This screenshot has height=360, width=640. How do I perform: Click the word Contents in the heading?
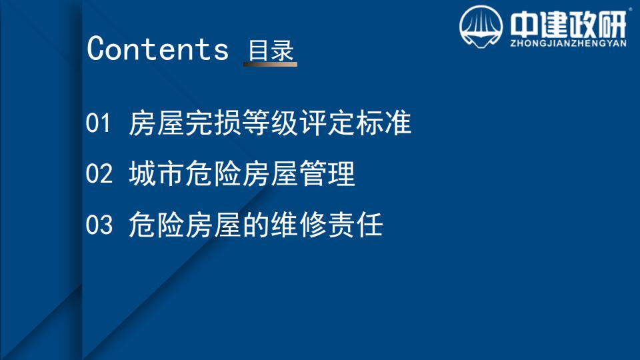(157, 49)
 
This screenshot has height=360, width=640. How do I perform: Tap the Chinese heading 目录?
(271, 50)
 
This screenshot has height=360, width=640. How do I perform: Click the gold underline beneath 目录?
(270, 64)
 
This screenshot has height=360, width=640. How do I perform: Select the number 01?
(98, 123)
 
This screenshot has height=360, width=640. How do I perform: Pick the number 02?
(99, 173)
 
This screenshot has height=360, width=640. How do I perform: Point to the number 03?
(99, 225)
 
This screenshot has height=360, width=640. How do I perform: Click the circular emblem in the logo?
(481, 27)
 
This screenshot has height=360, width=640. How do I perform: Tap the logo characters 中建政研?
(568, 24)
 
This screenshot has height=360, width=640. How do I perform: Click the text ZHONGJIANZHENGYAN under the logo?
(568, 43)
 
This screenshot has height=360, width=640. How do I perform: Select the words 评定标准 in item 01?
(355, 123)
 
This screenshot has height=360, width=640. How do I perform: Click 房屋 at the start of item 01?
(156, 123)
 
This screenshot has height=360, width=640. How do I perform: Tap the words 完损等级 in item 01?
(241, 123)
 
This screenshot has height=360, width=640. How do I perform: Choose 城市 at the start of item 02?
(156, 173)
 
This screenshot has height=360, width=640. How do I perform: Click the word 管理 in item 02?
(327, 173)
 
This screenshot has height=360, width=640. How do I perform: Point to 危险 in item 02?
(213, 173)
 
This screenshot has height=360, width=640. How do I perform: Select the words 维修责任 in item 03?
(327, 225)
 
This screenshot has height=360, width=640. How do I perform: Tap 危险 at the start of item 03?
(156, 225)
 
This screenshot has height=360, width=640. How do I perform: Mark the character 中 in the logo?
(524, 24)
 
